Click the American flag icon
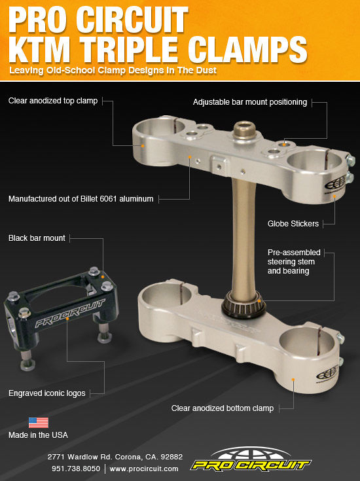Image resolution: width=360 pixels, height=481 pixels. click(38, 422)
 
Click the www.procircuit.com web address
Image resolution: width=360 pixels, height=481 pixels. click(144, 469)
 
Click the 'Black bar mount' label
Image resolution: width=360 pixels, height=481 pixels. click(37, 238)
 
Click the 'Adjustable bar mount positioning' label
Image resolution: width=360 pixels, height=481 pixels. click(250, 102)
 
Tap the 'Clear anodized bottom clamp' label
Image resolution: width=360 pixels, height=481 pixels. click(223, 408)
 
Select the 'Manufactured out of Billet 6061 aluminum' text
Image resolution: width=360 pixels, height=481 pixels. click(81, 198)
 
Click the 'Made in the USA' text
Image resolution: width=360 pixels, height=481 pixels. click(38, 435)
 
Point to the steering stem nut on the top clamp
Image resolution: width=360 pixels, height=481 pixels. click(246, 128)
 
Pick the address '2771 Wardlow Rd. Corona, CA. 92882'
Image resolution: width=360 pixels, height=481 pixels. click(115, 457)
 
